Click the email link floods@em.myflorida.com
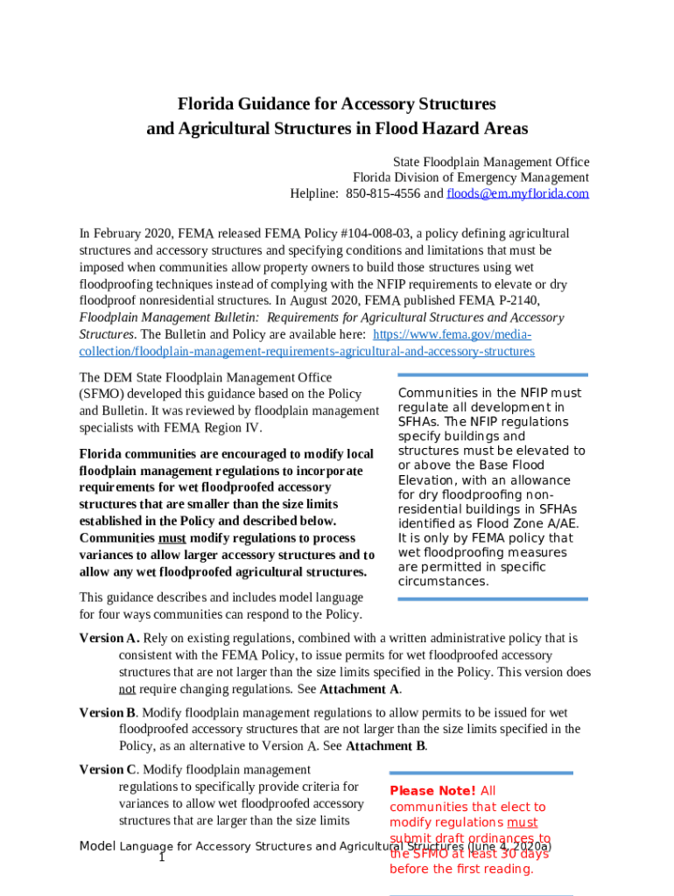(x=517, y=193)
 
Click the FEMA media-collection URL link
(x=306, y=343)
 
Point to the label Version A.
(x=109, y=639)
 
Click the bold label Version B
(x=107, y=713)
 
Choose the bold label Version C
(x=108, y=770)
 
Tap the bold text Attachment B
(x=386, y=746)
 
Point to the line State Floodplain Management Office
(x=490, y=163)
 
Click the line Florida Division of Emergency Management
(x=470, y=178)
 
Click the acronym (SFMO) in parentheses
(x=102, y=395)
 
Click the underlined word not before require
(x=127, y=689)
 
